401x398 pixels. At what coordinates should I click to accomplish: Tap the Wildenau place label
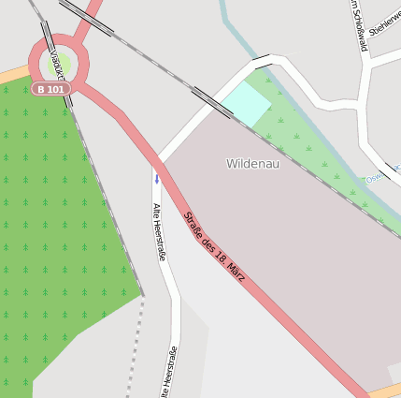tap(252, 164)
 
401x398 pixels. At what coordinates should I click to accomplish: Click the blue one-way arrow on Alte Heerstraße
tap(157, 177)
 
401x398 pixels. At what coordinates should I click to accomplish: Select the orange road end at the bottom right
tap(388, 390)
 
